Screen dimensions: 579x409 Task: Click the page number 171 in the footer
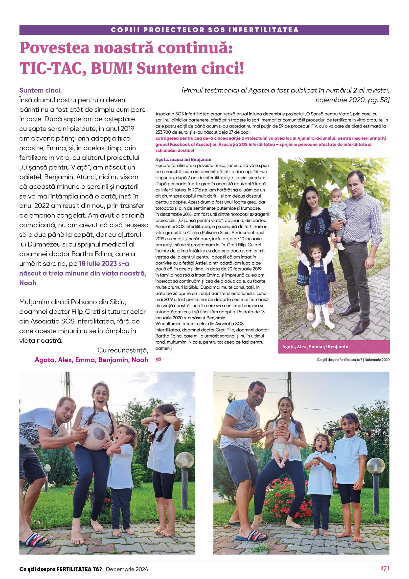385,568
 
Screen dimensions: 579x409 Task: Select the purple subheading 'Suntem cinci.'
41,90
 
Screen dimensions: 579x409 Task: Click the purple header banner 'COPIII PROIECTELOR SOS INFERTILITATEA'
204,30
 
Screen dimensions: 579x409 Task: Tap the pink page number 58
158,359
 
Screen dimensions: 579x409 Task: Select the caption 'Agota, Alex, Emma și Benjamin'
315,347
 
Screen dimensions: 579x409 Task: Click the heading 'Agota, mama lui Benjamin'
183,159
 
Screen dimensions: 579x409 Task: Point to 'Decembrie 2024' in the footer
127,569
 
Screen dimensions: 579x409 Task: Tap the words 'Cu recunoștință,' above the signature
123,350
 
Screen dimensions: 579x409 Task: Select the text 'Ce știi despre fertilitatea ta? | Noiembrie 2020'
353,360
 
